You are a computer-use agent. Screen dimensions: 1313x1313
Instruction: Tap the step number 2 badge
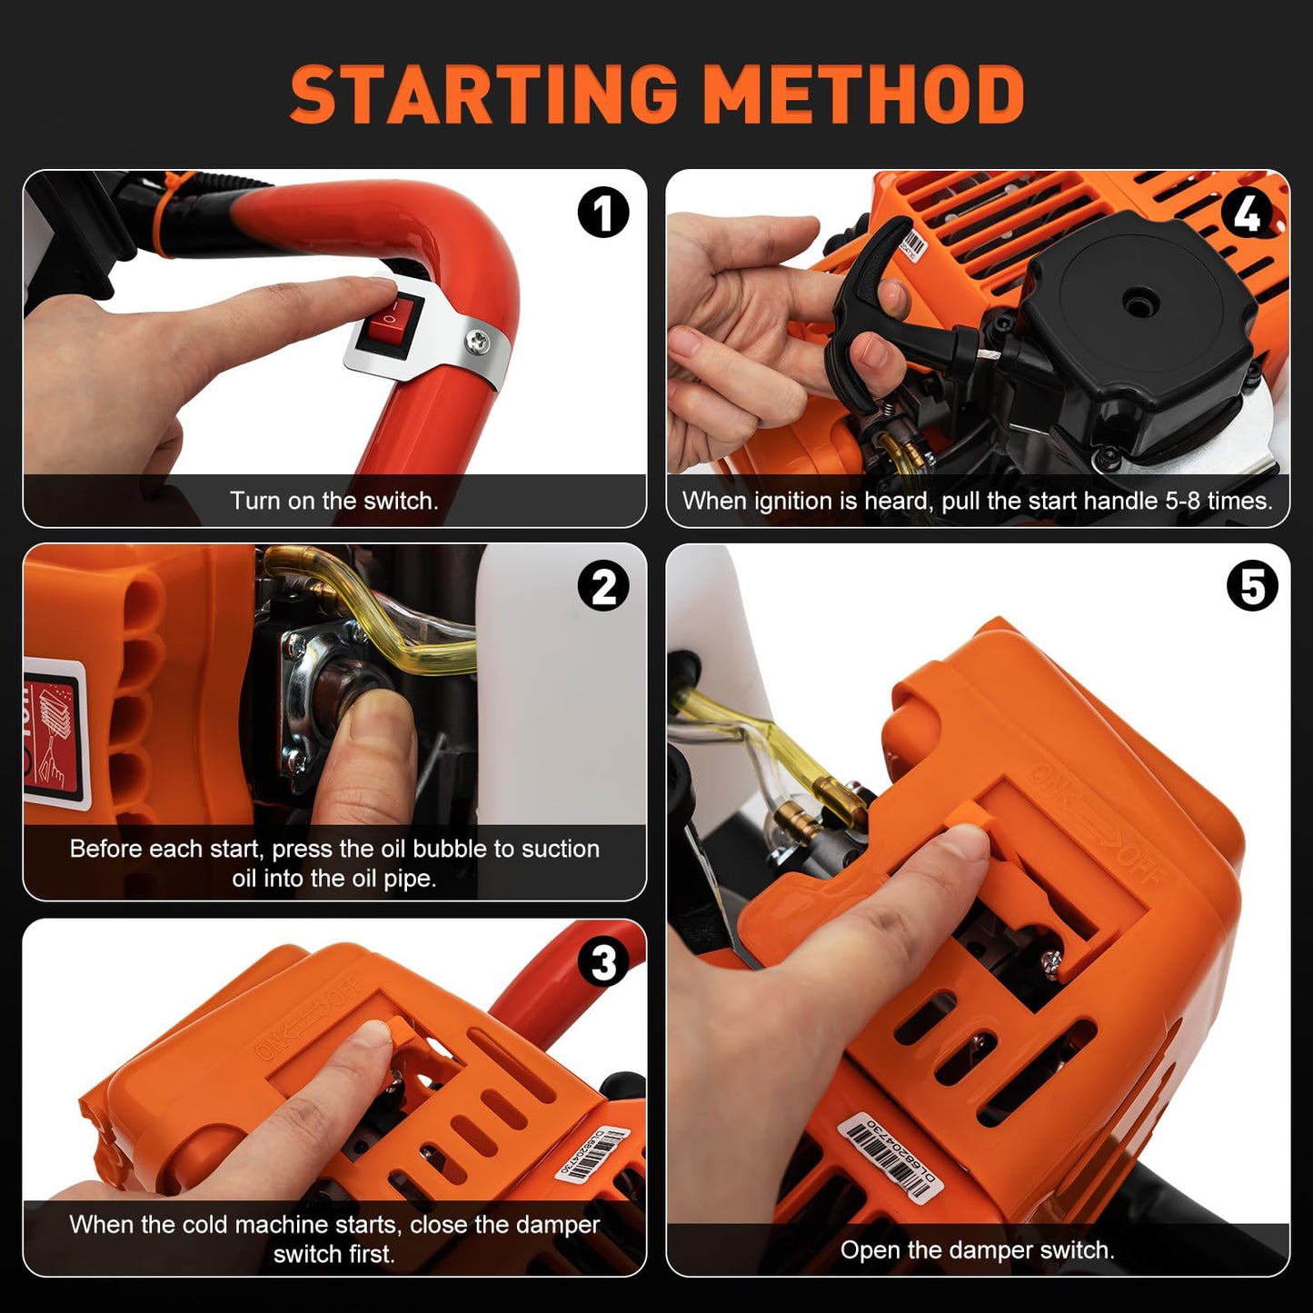(x=603, y=586)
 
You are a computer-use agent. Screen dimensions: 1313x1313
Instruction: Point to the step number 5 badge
(x=1251, y=586)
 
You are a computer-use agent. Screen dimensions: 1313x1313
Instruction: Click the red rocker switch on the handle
(x=385, y=324)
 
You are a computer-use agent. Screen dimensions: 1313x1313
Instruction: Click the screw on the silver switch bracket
(x=475, y=342)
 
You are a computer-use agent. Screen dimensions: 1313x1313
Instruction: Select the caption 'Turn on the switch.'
(x=333, y=501)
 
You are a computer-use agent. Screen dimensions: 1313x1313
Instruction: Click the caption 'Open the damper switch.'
(x=977, y=1249)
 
